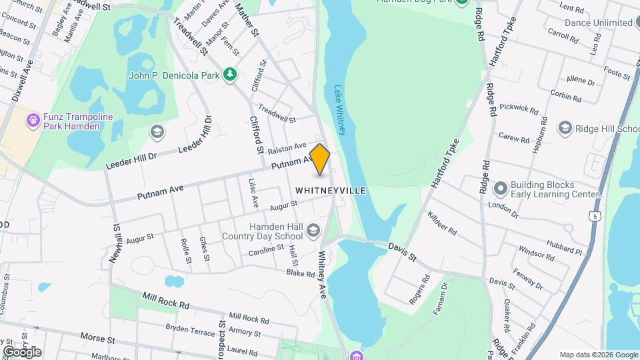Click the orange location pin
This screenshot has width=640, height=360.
(320, 159)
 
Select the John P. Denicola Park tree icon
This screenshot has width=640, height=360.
(230, 75)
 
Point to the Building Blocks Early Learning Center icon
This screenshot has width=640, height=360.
(500, 189)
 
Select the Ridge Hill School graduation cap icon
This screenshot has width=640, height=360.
(565, 128)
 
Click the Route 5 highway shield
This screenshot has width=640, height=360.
(594, 215)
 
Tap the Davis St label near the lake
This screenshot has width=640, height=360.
(403, 251)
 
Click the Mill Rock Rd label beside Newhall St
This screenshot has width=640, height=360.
(165, 300)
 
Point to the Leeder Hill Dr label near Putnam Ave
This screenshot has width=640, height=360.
(131, 161)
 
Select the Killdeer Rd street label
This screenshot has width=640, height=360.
(442, 223)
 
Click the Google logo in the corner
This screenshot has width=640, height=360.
(22, 351)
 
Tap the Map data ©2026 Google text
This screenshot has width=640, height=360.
(598, 355)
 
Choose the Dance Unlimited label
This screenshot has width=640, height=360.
(598, 23)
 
